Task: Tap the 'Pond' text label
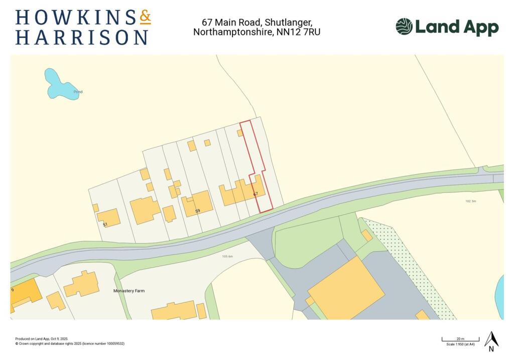tap(78, 92)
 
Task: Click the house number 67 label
tap(255, 194)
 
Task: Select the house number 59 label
tap(198, 211)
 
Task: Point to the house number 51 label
tap(105, 225)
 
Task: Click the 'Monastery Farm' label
tap(128, 291)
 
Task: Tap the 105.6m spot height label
tap(228, 256)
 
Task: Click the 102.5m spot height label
tap(470, 201)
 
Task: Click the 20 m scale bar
tap(460, 340)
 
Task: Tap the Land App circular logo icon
tap(404, 27)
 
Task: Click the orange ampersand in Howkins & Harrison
tap(145, 18)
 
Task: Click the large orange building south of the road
tap(346, 288)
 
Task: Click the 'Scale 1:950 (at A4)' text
tap(460, 344)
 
